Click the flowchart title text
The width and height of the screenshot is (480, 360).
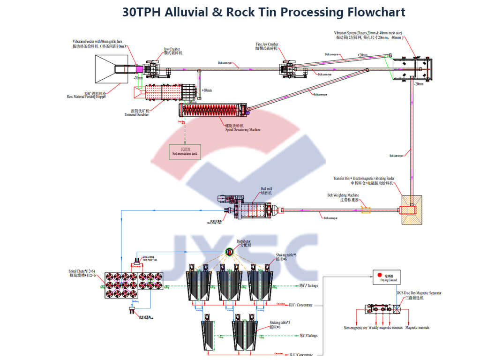[264, 12]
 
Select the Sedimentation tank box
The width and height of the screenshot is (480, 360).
[185, 152]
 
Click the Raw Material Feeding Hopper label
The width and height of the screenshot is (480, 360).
[86, 96]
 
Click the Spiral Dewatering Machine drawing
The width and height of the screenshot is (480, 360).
[214, 111]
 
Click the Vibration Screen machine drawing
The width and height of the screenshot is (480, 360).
[412, 68]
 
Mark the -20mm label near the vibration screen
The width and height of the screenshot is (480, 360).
[418, 84]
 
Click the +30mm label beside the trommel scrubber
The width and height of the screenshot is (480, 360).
[205, 90]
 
